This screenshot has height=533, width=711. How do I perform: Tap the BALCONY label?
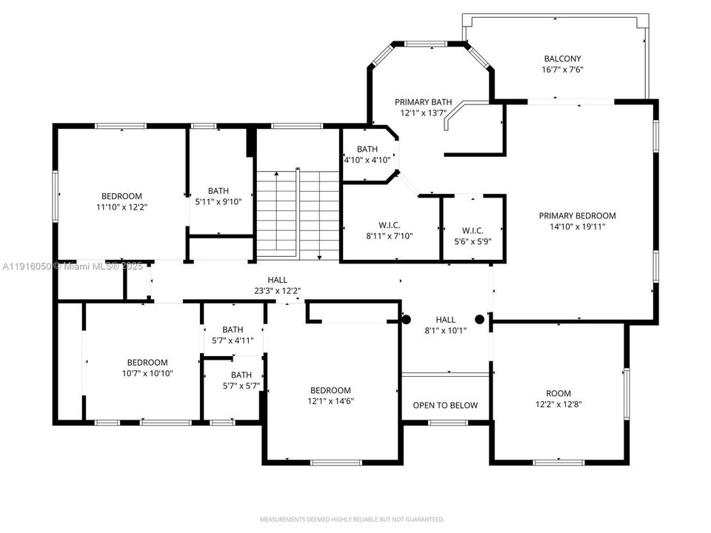[562, 58]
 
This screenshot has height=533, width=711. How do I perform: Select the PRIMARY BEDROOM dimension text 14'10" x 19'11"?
[577, 227]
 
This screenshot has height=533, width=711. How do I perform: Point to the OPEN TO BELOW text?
[445, 405]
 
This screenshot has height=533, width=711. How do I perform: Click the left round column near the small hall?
[406, 320]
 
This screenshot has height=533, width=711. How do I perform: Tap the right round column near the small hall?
[480, 320]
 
